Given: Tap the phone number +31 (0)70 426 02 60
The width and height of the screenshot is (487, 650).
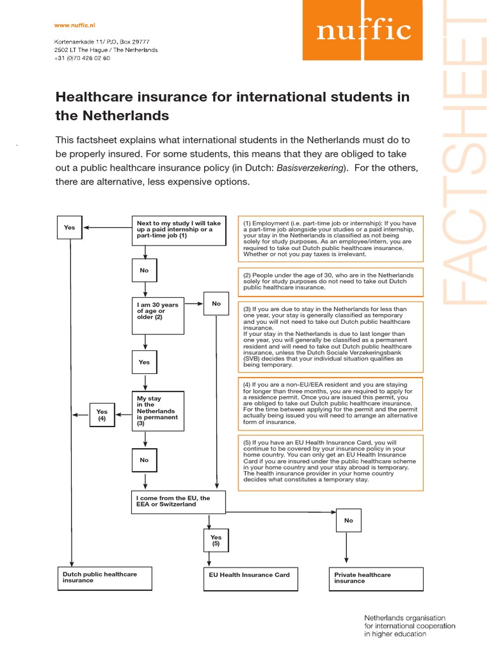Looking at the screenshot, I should (82, 58).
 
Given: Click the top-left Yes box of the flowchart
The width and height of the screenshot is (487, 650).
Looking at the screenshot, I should (70, 227).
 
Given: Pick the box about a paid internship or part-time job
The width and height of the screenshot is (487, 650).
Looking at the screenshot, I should (179, 229).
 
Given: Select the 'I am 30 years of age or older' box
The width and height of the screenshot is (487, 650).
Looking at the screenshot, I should (158, 310).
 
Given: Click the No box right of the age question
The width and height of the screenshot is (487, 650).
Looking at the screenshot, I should (216, 304).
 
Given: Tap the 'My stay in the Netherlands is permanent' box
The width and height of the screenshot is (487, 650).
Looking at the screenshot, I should (157, 410).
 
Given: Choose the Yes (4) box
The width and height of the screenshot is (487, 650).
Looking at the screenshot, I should (101, 415).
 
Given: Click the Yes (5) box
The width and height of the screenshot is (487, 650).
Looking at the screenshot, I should (216, 540).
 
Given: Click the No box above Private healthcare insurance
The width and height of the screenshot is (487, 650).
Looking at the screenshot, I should (348, 521).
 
